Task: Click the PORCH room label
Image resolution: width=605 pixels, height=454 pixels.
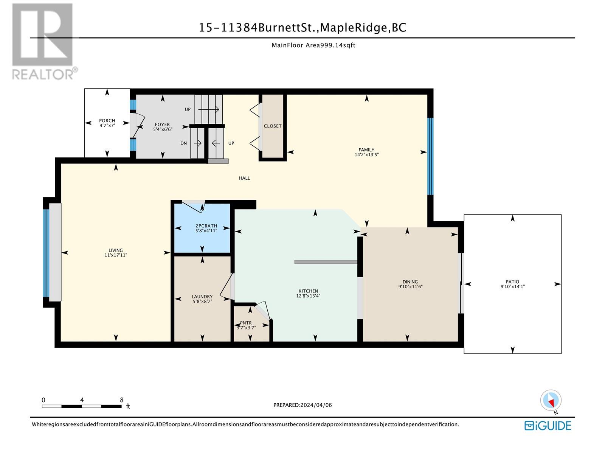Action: tap(107, 120)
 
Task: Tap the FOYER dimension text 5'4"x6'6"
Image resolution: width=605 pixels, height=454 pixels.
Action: tap(163, 129)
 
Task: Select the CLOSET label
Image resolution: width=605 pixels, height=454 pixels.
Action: tap(273, 126)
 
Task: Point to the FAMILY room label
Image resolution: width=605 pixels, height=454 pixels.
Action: tap(366, 150)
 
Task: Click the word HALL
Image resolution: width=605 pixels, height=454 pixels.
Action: tap(244, 178)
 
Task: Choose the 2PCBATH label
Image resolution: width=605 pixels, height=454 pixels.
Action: tap(206, 226)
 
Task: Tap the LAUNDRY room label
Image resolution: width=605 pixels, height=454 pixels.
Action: tap(202, 297)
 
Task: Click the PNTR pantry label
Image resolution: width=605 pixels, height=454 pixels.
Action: tap(246, 323)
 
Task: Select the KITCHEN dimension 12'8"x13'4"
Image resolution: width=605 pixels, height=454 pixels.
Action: tap(308, 296)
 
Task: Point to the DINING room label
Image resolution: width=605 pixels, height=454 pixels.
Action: tap(410, 282)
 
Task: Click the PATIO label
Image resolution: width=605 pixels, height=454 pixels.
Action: tap(512, 282)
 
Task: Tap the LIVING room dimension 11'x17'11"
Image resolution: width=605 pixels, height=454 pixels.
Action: tap(115, 255)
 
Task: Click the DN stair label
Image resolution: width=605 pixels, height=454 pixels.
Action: tap(183, 143)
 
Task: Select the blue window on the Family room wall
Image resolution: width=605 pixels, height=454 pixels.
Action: tap(430, 156)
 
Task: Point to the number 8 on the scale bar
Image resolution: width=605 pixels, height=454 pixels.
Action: tap(121, 400)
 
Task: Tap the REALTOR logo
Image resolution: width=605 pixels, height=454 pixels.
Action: tap(43, 41)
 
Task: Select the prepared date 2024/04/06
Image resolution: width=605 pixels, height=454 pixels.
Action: tap(316, 405)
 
